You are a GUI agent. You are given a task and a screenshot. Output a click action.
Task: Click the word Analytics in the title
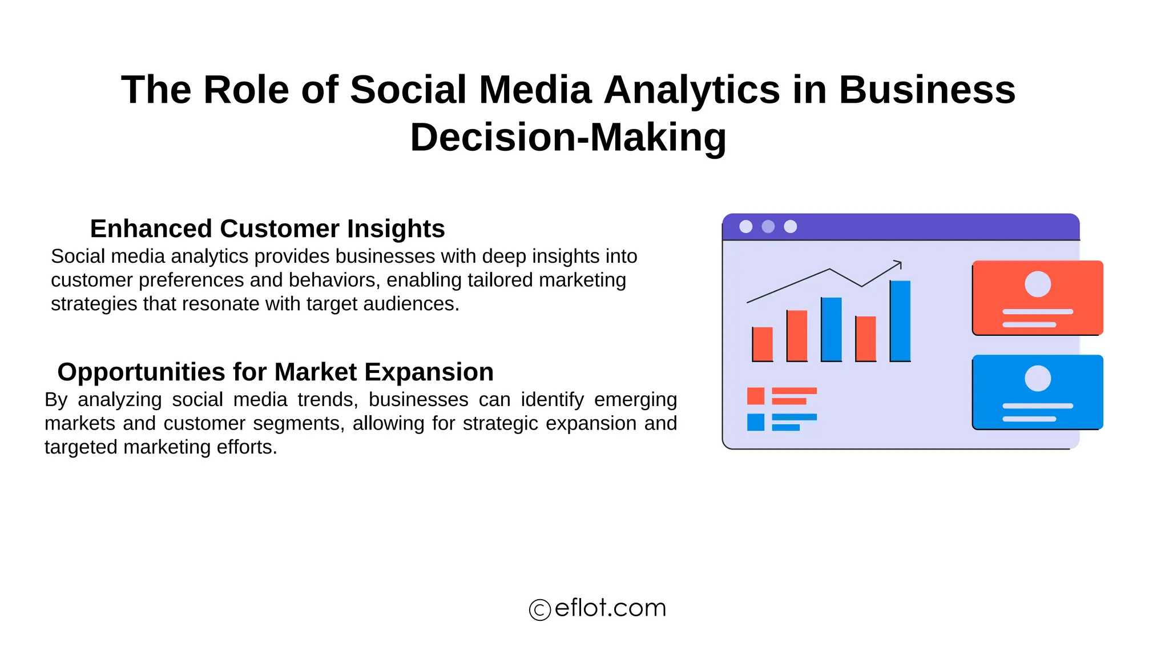691,90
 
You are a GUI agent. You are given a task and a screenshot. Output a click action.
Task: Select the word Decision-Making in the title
568,138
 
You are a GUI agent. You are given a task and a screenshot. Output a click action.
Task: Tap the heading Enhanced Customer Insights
267,228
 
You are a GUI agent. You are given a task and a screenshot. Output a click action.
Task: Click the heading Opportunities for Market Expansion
275,372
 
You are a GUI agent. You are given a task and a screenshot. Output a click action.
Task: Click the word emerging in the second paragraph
635,399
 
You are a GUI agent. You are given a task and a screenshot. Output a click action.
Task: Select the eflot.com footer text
610,608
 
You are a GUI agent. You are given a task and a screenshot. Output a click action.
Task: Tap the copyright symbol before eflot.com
539,609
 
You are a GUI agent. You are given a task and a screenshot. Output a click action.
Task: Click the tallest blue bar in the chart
900,320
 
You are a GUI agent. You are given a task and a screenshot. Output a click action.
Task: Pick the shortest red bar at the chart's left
763,344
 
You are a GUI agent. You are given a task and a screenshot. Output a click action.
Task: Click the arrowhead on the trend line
898,264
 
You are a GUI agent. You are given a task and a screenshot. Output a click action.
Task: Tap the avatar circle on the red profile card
1037,284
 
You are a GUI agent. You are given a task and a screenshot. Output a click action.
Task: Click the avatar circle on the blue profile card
1037,378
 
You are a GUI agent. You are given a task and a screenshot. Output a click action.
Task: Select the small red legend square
755,396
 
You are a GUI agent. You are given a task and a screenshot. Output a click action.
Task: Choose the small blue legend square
755,422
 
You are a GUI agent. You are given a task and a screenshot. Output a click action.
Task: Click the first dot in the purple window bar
745,227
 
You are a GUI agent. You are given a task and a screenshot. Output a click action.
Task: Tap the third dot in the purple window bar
790,227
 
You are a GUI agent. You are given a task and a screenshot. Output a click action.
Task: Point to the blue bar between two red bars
831,329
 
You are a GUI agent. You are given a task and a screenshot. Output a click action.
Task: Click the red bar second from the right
865,338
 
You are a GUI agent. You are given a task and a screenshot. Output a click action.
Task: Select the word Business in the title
927,90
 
